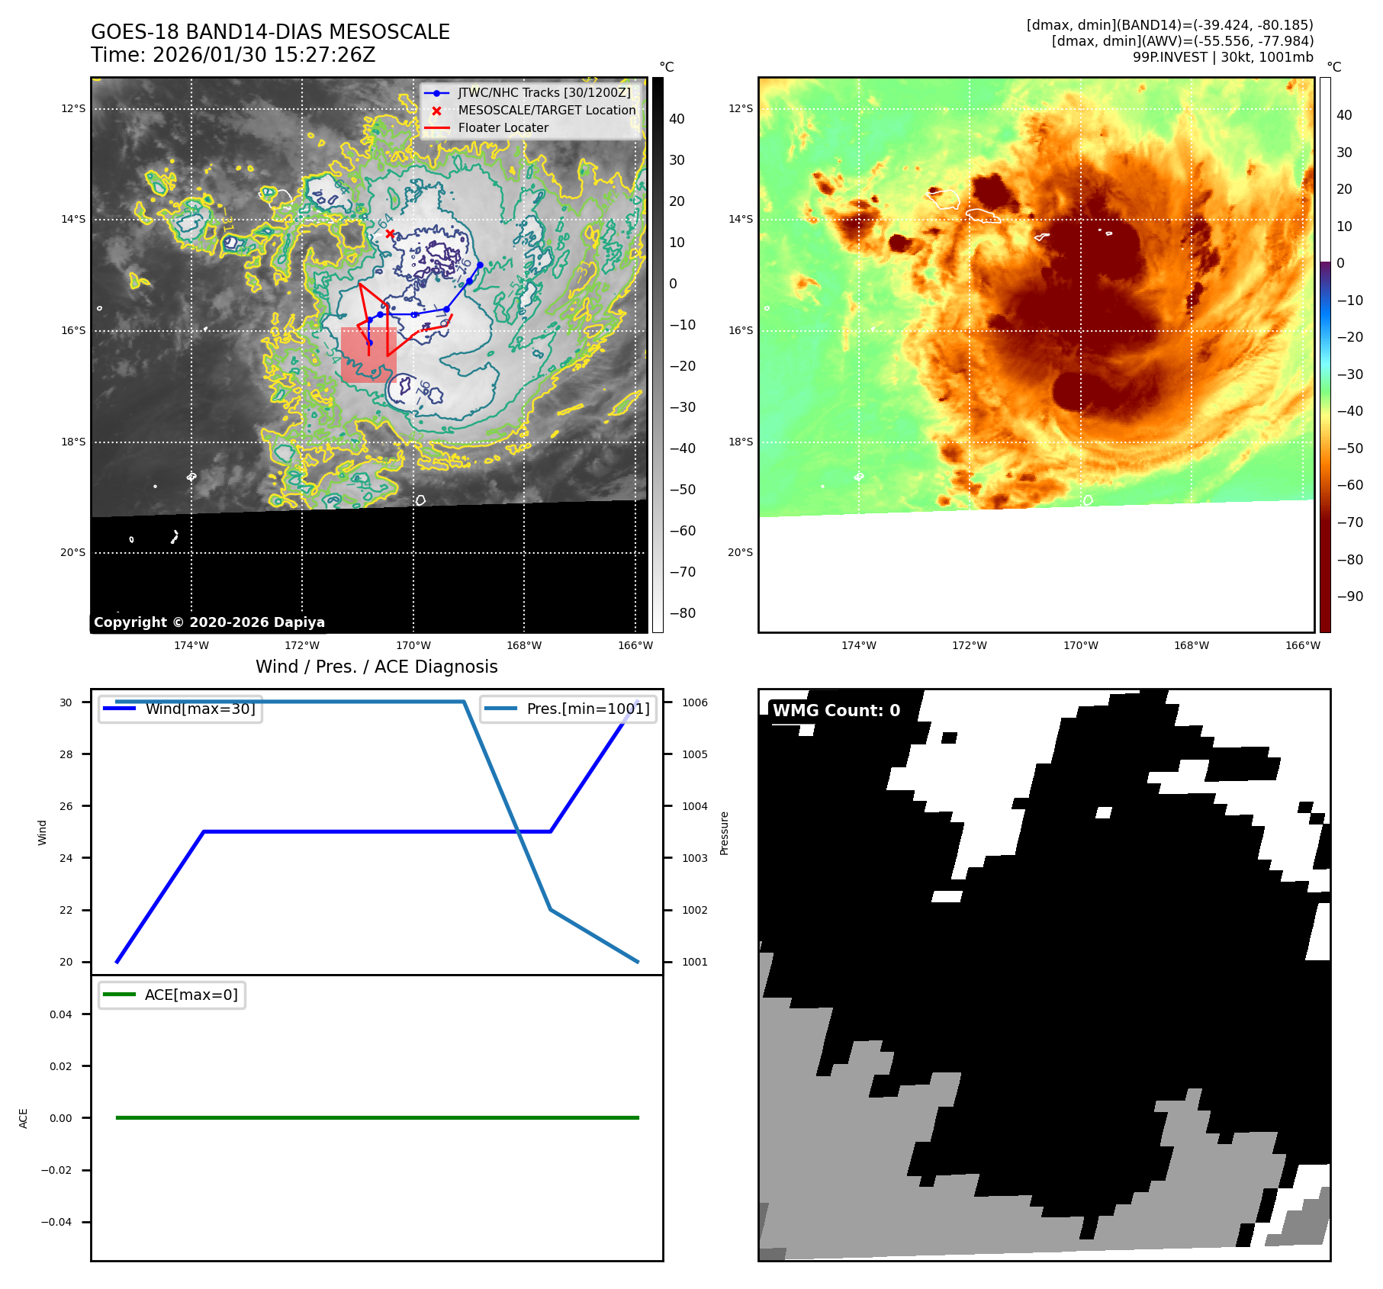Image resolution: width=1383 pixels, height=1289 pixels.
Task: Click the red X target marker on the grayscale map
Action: tap(390, 233)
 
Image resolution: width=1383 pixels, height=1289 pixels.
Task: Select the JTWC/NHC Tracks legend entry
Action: tap(544, 93)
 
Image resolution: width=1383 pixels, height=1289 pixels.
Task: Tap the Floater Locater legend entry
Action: tap(503, 128)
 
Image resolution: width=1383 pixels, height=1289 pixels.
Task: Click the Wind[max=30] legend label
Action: tap(200, 709)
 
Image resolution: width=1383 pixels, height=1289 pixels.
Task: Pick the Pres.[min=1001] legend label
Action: tap(587, 709)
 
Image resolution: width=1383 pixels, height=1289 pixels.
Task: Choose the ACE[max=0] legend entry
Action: tap(191, 995)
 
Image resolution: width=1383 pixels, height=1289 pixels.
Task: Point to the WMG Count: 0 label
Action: tap(836, 710)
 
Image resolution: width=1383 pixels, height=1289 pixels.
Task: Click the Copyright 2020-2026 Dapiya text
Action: tap(209, 622)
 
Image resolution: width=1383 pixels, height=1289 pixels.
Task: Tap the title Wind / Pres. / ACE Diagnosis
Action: tap(376, 667)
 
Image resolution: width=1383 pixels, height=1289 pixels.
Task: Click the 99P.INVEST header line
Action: tap(1222, 57)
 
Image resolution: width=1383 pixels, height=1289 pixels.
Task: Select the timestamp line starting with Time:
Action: tap(233, 55)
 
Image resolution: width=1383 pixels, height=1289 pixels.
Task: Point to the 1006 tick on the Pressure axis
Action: tap(694, 702)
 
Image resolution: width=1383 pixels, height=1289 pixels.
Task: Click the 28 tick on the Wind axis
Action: tap(66, 754)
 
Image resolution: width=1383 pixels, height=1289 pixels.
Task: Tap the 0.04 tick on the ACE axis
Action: tap(61, 1014)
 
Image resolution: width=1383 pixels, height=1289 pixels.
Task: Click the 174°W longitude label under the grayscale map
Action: tap(191, 645)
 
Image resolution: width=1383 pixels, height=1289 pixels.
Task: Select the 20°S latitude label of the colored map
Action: tap(740, 552)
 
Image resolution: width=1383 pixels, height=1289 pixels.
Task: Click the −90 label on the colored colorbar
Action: tap(1349, 596)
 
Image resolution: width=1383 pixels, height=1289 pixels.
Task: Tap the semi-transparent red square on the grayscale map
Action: tap(368, 355)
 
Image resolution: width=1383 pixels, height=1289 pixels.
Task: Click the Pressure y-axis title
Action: tap(724, 833)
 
